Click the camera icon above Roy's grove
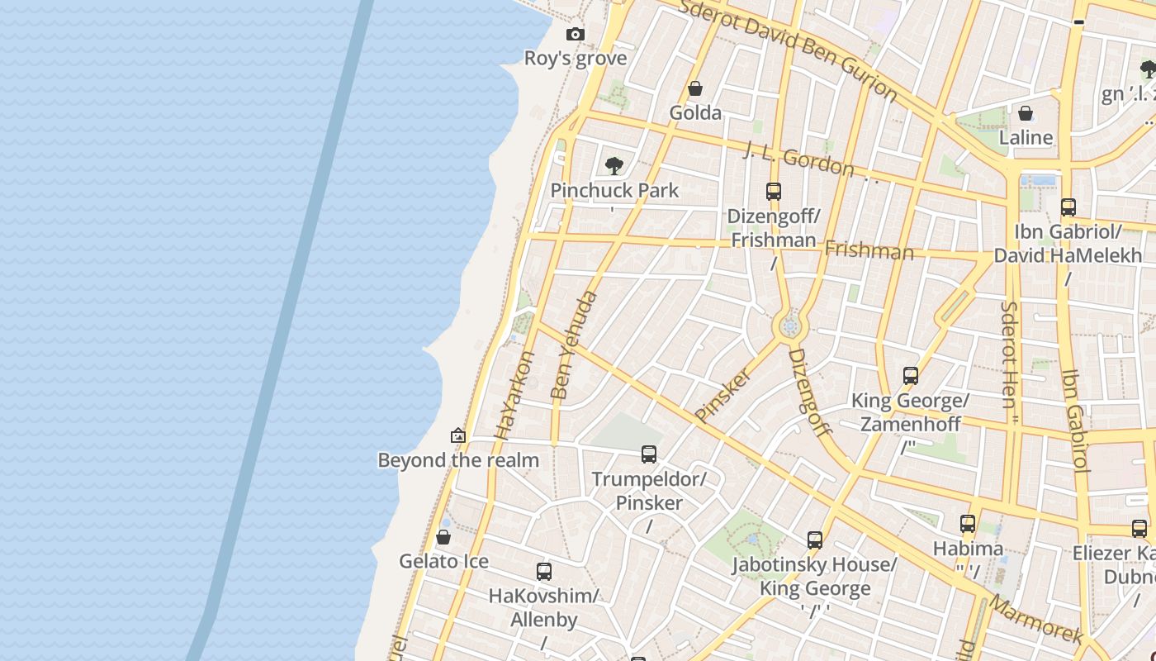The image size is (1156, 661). click(x=576, y=34)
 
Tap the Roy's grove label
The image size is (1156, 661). click(x=576, y=59)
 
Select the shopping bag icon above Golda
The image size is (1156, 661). click(x=695, y=88)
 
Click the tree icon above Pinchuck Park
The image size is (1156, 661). click(x=614, y=166)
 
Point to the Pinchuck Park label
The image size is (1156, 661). click(x=614, y=190)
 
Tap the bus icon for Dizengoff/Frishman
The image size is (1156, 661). click(x=773, y=192)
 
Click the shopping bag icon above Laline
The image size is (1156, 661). click(x=1026, y=113)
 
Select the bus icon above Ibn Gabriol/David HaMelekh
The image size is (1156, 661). click(x=1068, y=207)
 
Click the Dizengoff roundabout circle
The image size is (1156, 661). click(x=790, y=327)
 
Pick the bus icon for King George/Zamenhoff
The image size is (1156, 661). click(x=910, y=376)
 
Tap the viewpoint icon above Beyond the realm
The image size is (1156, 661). click(x=458, y=435)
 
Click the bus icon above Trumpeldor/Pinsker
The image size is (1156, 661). click(x=649, y=454)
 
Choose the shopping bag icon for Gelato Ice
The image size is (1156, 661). click(x=443, y=537)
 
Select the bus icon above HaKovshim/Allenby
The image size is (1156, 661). click(x=543, y=572)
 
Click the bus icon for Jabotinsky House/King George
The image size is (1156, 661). click(x=815, y=540)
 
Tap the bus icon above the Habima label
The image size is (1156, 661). click(x=968, y=524)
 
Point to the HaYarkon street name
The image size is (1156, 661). click(x=514, y=396)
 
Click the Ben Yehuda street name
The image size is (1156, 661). click(x=573, y=345)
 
